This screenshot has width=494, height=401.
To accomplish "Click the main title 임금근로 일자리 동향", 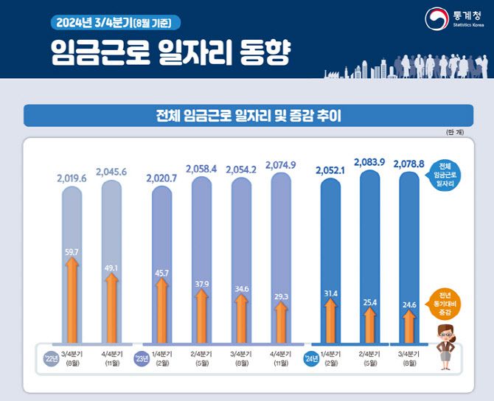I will click(x=170, y=53).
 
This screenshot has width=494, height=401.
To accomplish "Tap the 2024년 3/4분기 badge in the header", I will click(x=116, y=22).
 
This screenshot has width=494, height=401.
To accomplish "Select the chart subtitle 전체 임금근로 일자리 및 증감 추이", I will click(x=247, y=116).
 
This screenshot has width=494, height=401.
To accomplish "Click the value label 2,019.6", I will click(x=73, y=177).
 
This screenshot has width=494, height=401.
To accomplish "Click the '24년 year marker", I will click(x=310, y=359).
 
